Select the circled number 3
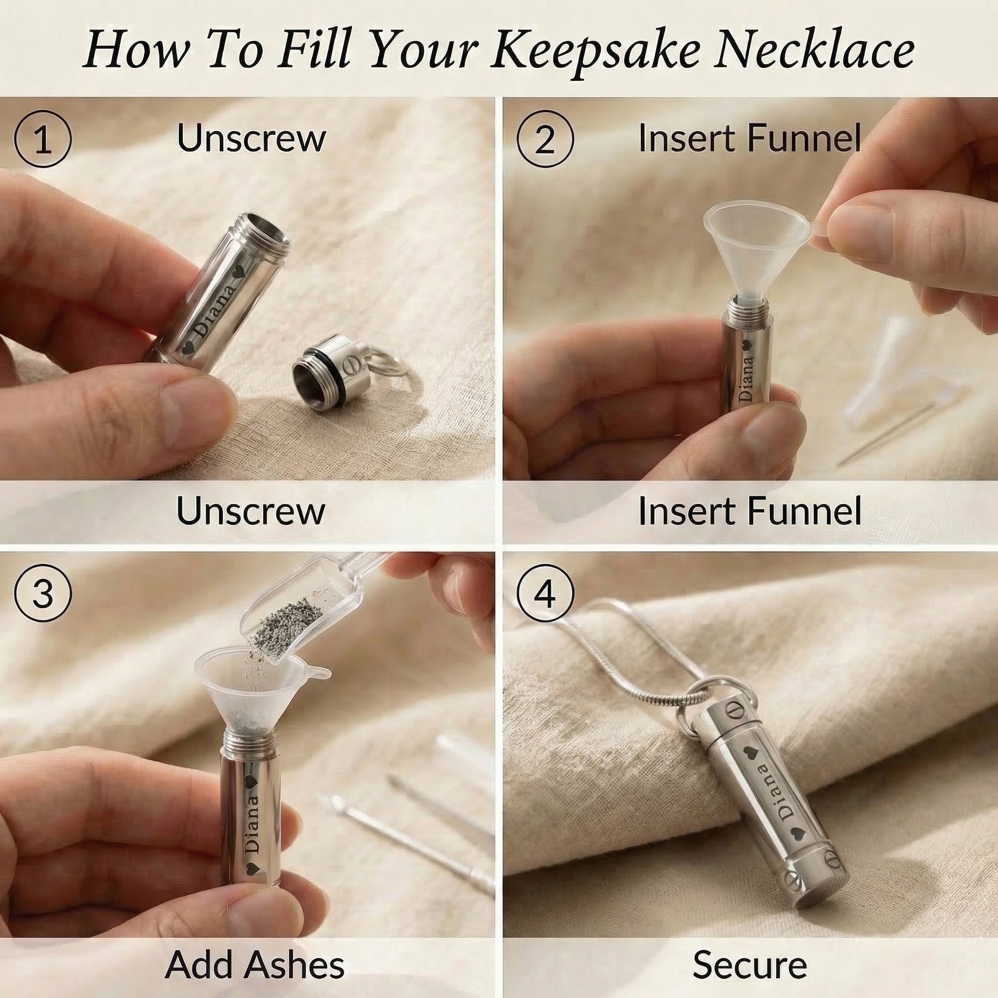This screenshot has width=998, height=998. [x=42, y=594]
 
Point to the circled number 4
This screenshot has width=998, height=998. [x=545, y=594]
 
